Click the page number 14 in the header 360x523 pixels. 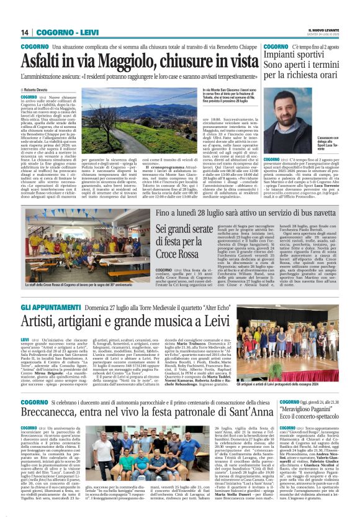pyautogui.click(x=25, y=32)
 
